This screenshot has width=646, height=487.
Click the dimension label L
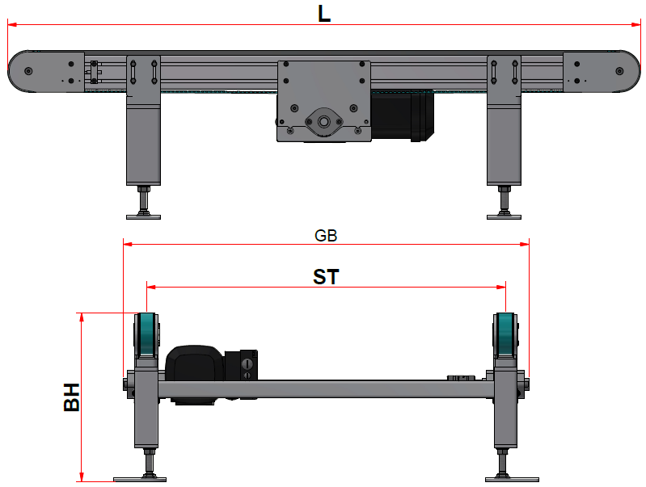click(x=324, y=14)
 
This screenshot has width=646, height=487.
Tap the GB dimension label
click(x=326, y=236)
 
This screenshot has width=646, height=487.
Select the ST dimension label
click(x=326, y=277)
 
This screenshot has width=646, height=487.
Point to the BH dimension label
click(x=72, y=397)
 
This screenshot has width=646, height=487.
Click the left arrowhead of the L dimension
click(x=12, y=25)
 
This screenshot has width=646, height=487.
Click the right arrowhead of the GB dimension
click(x=525, y=244)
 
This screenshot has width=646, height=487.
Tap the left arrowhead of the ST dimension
click(x=152, y=287)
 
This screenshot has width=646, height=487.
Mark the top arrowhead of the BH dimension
click(x=82, y=317)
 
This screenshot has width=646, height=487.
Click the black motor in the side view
click(x=402, y=115)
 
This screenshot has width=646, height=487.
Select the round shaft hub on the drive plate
click(x=324, y=122)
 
